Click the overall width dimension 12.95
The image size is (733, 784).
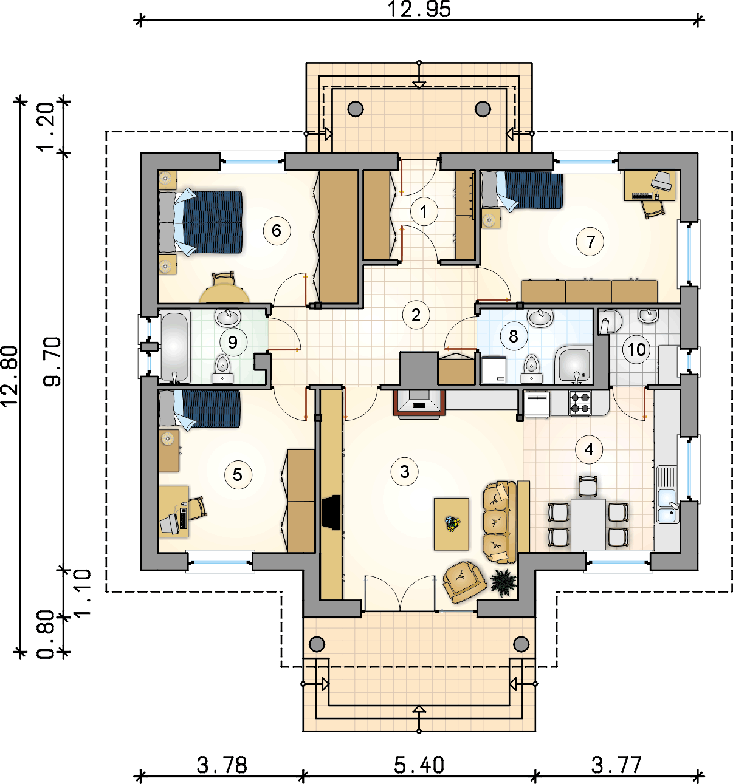point(419,9)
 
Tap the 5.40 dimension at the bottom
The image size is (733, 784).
point(419,765)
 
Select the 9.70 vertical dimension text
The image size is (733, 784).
point(52,361)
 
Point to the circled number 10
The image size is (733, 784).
point(636,349)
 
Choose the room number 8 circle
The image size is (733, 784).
point(514,336)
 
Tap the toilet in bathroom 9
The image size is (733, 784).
point(223,369)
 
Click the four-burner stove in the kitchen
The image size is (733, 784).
point(580,403)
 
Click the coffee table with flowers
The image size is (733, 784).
point(451,524)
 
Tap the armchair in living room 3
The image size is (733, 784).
point(464,582)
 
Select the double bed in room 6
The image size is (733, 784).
point(201,222)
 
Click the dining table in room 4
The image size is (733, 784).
point(588,525)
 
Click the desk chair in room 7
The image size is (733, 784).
point(653,208)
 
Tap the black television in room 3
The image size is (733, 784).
point(331,512)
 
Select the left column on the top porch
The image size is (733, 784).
point(355,109)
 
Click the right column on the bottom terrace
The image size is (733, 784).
point(521,644)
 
